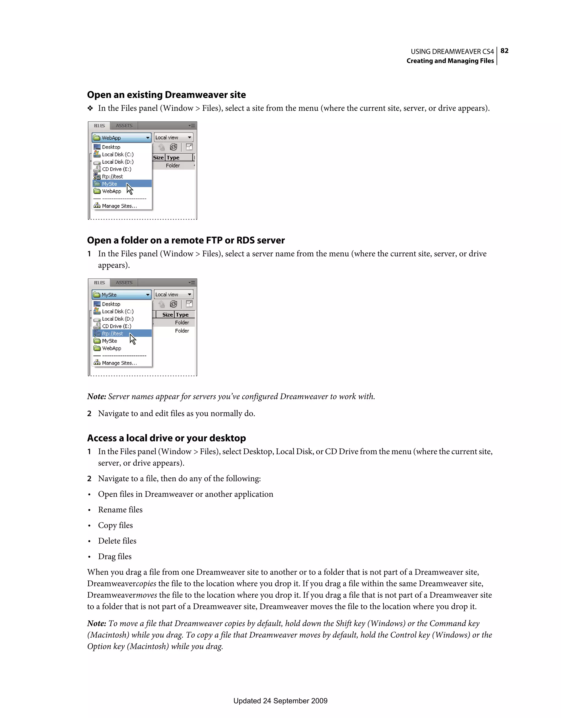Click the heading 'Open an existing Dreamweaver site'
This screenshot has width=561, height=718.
click(166, 95)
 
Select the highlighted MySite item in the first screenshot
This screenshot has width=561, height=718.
click(110, 184)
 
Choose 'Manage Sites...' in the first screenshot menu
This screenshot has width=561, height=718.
click(119, 206)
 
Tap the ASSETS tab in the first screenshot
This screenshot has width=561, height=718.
click(124, 126)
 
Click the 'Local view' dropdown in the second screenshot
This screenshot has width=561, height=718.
click(173, 295)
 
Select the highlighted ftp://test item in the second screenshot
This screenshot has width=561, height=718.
click(112, 333)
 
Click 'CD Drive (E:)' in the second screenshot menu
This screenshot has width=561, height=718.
click(116, 326)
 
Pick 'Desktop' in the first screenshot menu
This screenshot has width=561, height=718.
click(111, 147)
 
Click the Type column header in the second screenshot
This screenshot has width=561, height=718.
click(182, 315)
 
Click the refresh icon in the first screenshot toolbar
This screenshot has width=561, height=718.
click(173, 147)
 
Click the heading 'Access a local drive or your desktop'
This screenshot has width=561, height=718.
click(166, 438)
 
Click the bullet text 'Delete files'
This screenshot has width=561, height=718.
click(117, 541)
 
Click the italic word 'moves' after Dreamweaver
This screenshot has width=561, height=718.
click(147, 595)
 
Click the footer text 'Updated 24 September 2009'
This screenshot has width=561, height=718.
click(280, 700)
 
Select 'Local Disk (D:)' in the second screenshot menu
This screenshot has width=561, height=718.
click(118, 318)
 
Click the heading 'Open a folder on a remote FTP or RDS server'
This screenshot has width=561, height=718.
click(186, 240)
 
